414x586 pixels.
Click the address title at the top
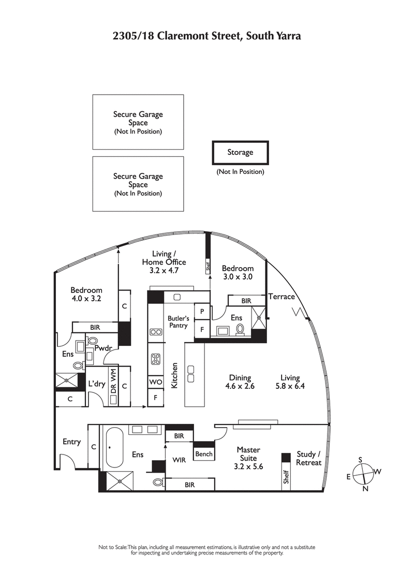[207, 36]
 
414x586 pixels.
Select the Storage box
[240, 152]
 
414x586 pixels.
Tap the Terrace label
[281, 297]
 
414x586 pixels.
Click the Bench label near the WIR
[204, 454]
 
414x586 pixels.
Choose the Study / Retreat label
[309, 459]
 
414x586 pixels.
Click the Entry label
[71, 442]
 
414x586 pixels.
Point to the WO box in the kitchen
[155, 382]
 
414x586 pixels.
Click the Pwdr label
[103, 348]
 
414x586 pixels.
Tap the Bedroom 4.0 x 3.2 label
[86, 294]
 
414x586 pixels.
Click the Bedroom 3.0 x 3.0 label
[238, 272]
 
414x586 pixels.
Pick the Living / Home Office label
[164, 261]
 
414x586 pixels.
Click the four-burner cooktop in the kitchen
[156, 358]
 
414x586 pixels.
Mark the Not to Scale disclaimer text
[207, 550]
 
